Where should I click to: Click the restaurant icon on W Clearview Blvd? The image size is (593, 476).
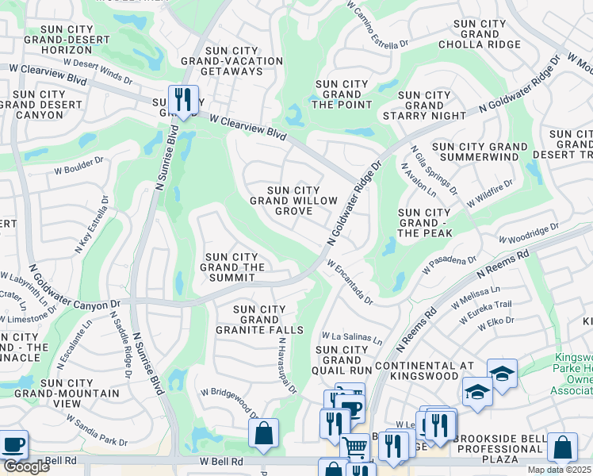pos(183,99)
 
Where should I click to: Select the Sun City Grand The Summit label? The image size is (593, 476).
pos(232,262)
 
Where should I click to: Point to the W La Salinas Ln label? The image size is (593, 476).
pos(351,339)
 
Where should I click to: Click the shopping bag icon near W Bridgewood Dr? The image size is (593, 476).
pos(263,434)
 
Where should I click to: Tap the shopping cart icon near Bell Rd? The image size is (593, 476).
pos(355,448)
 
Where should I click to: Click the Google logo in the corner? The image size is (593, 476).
pos(26,466)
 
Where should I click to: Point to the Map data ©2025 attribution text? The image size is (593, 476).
pos(560,470)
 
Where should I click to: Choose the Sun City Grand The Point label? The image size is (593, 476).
pos(342,94)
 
